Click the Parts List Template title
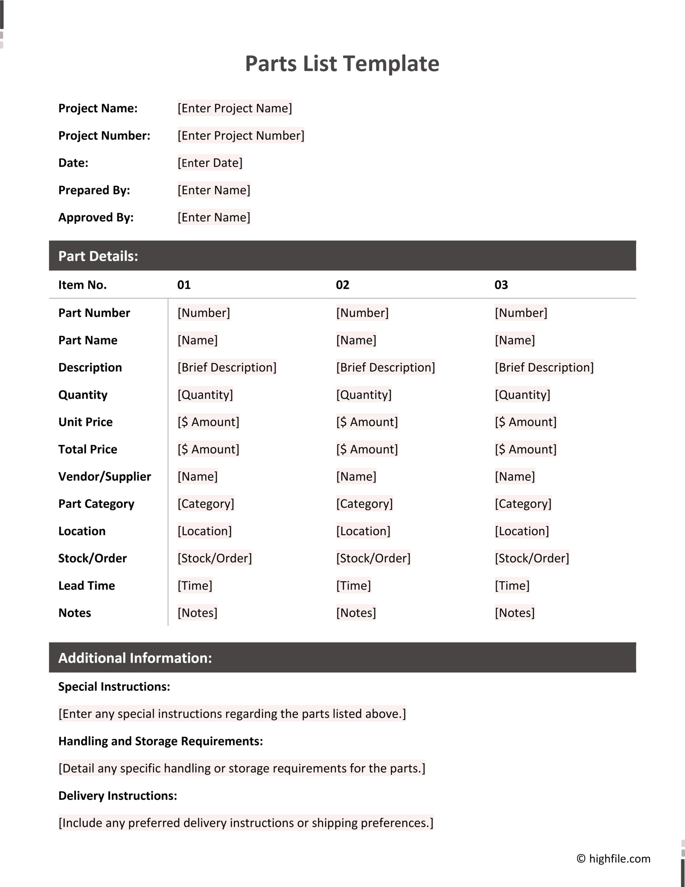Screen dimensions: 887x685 [342, 64]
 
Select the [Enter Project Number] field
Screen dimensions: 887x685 [241, 135]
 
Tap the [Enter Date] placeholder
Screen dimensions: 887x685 [210, 162]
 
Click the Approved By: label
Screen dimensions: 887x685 [96, 217]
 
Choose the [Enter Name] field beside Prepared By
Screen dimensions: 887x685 [214, 190]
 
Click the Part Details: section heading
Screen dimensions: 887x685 [98, 256]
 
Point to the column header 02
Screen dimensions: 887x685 [342, 285]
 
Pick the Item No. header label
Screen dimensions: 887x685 [82, 285]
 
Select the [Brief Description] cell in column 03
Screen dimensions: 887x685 [544, 367]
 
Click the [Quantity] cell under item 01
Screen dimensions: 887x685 [205, 394]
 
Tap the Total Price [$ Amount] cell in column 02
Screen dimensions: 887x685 [367, 449]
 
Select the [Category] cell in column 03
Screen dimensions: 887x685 [523, 504]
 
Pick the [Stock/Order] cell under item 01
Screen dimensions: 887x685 [214, 558]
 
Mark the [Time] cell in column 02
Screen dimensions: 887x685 [353, 585]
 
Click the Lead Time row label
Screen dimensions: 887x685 [86, 585]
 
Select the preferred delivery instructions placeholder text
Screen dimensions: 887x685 [246, 822]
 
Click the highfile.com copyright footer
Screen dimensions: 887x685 [613, 858]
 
